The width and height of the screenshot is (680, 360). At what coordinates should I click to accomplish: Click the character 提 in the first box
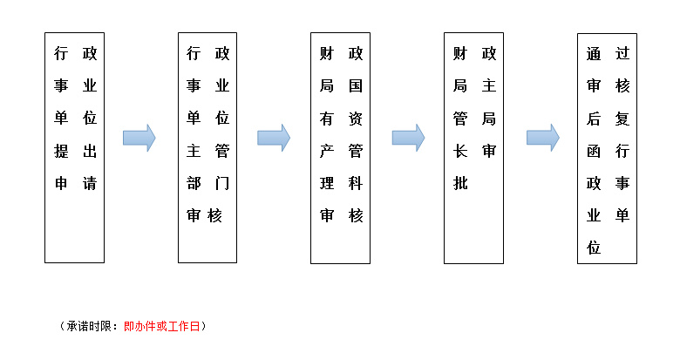(62, 151)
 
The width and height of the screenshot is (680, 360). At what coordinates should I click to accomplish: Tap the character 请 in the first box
(89, 183)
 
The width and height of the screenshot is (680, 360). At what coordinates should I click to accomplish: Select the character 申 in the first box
(62, 183)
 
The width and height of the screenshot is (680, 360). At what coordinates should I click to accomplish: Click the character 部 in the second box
(194, 183)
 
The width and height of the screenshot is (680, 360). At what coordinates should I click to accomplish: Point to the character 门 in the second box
(222, 183)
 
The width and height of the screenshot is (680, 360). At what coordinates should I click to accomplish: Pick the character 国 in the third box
(356, 86)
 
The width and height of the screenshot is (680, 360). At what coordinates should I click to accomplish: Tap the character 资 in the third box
(356, 119)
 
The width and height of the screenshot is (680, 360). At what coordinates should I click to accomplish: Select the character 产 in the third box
(328, 151)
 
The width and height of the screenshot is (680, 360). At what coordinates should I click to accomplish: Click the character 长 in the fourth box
(461, 151)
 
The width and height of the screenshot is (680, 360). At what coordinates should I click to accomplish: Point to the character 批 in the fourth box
(461, 183)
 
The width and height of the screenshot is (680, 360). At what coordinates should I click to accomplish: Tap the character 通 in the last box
(595, 54)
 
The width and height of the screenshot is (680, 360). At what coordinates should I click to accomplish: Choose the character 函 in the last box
(595, 151)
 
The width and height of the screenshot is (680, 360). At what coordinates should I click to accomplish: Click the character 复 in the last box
(622, 119)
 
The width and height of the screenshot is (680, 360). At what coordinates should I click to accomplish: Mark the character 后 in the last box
(595, 119)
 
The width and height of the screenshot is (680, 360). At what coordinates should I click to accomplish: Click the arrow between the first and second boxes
(139, 138)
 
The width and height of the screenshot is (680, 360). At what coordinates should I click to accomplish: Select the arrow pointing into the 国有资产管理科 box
(274, 138)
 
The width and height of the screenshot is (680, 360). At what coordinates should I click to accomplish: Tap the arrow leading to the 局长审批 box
(408, 138)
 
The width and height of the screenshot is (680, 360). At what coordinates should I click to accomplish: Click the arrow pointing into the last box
(542, 138)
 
